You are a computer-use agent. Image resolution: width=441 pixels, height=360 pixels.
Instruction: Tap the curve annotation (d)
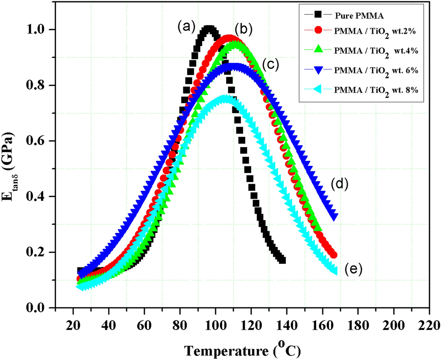[340, 184]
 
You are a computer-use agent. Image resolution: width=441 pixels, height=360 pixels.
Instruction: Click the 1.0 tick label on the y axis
[39, 30]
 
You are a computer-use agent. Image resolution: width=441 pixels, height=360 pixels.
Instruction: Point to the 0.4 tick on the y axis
[39, 197]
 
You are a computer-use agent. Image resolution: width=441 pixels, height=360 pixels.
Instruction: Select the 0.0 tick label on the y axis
[39, 309]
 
